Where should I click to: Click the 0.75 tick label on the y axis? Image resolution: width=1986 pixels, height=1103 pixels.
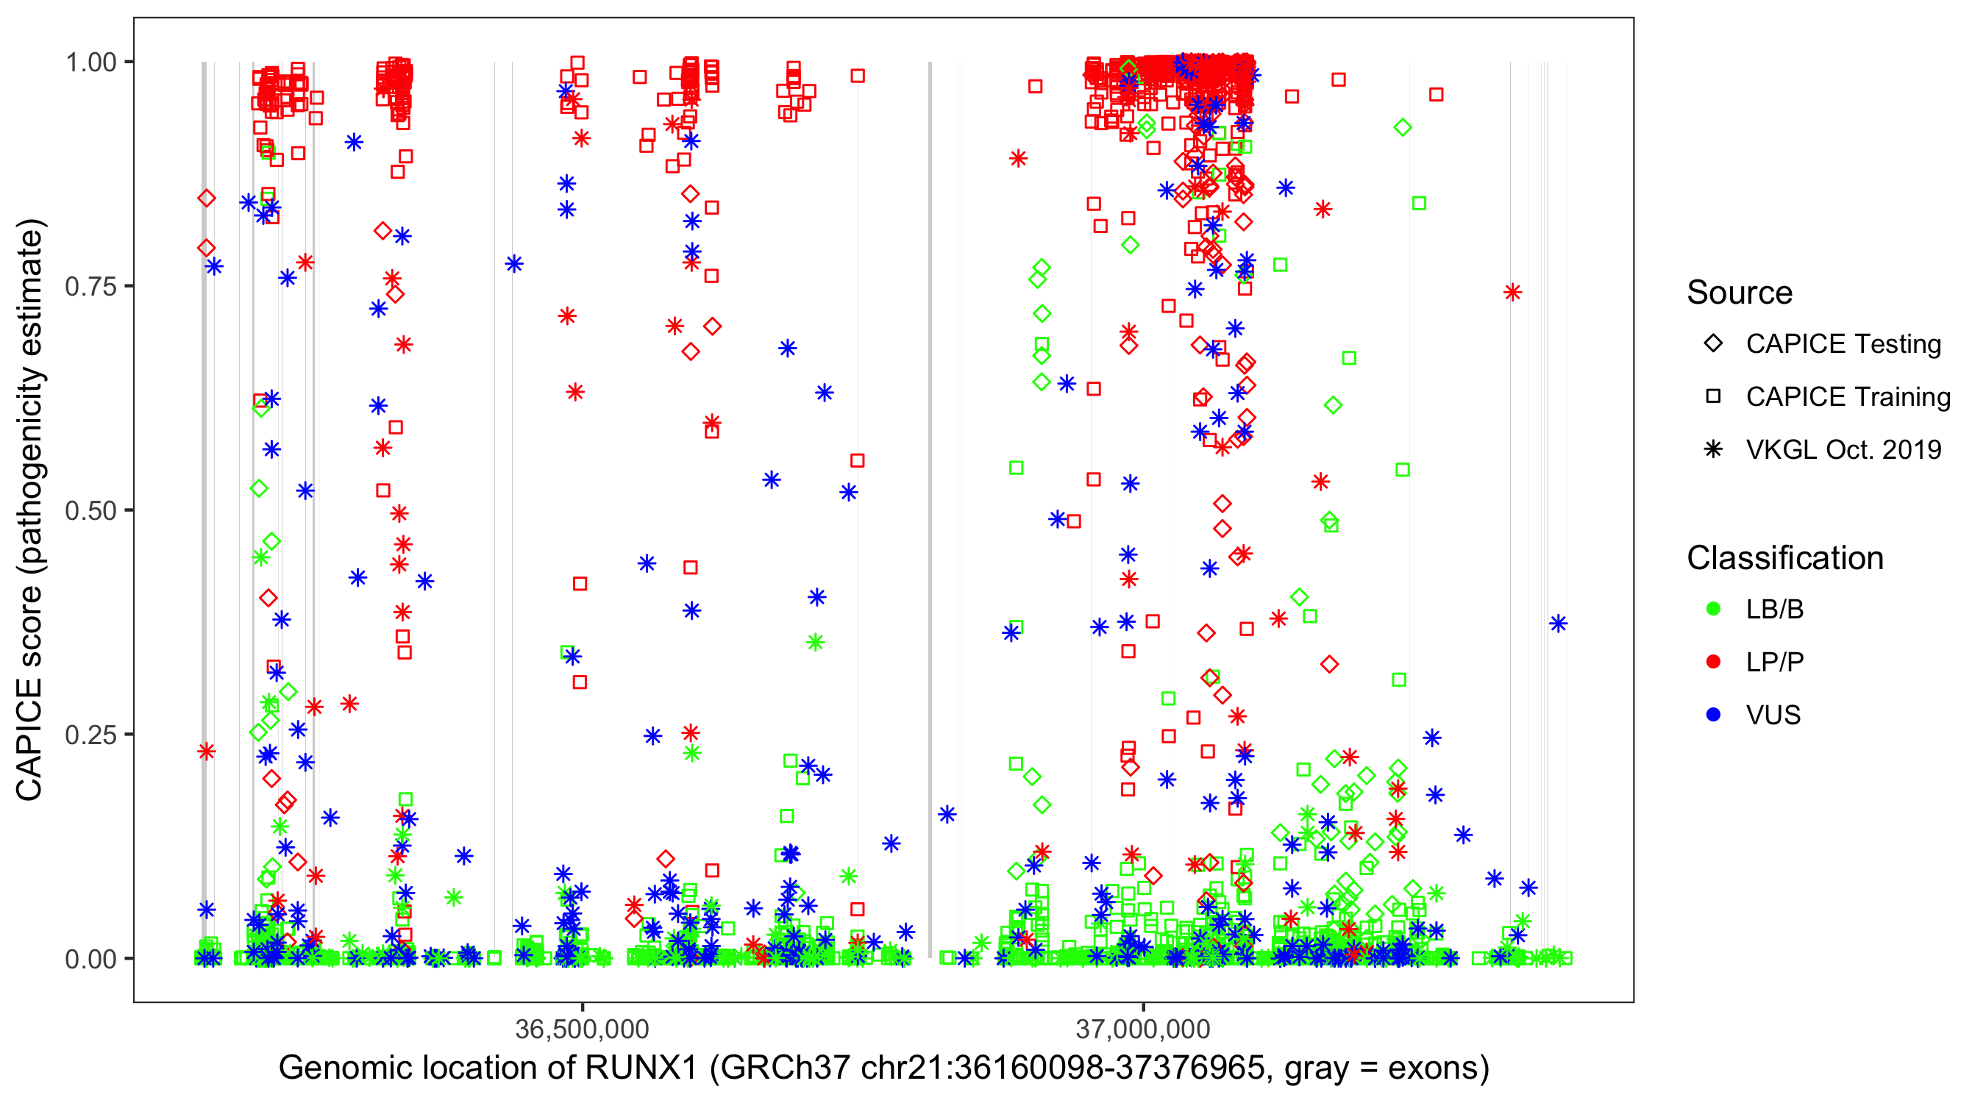(90, 287)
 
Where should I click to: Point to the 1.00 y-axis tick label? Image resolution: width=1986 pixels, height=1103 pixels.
(90, 63)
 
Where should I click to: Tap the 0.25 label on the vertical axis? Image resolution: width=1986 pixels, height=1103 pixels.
(90, 735)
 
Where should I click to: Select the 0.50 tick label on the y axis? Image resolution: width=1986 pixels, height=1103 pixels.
(90, 511)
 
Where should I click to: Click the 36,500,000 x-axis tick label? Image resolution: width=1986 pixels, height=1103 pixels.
(582, 1029)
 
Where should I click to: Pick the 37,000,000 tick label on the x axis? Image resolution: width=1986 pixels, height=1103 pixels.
(1142, 1029)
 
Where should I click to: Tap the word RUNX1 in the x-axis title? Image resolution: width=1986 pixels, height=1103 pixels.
(641, 1068)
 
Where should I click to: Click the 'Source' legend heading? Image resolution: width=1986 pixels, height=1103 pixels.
(1740, 293)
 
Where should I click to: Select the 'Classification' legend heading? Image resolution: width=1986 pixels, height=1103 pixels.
(1784, 558)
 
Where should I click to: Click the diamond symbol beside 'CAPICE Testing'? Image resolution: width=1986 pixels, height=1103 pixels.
(1713, 344)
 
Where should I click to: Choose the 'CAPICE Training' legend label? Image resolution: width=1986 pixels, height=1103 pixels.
(1848, 397)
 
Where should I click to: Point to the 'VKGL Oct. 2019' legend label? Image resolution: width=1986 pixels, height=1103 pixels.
(1843, 450)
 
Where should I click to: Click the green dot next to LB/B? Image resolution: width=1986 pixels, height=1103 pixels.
(1713, 610)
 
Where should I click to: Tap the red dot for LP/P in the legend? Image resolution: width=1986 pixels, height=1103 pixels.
(1713, 662)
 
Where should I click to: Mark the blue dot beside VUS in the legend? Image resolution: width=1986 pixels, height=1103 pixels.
(1713, 715)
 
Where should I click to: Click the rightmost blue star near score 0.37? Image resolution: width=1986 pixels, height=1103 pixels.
(1558, 624)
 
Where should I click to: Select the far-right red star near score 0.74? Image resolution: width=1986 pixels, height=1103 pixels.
(1512, 292)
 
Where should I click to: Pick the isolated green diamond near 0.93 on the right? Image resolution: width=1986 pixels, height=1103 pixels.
(1403, 128)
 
